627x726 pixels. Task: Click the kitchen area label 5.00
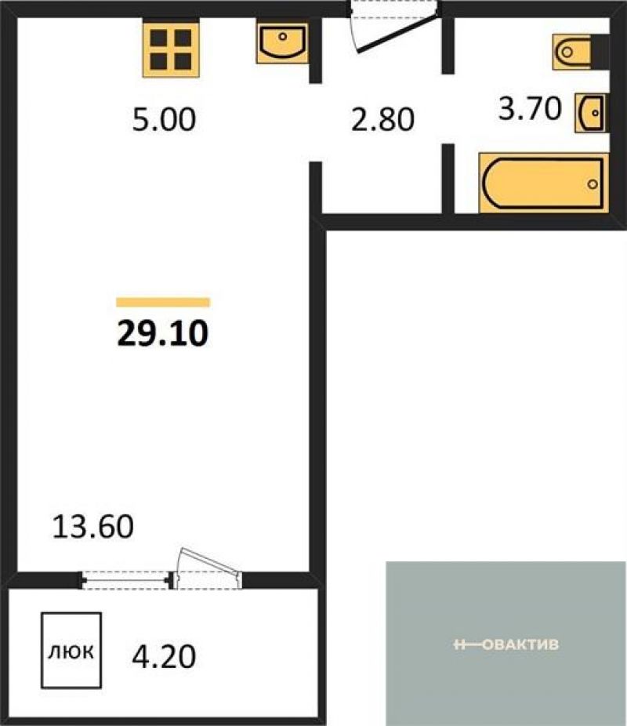[x=164, y=119]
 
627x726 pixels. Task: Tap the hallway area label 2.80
[x=382, y=119]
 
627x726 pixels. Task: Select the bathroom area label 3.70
[x=529, y=109]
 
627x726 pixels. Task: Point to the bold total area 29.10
[x=163, y=333]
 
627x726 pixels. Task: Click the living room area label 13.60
[x=93, y=526]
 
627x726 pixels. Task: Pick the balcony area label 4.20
[x=164, y=656]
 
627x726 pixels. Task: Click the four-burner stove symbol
[x=171, y=49]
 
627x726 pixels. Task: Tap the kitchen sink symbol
[x=282, y=43]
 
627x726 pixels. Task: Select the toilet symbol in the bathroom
[x=572, y=52]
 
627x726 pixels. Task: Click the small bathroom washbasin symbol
[x=590, y=113]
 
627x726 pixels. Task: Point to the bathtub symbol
[x=543, y=183]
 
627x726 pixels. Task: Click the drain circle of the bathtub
[x=593, y=184]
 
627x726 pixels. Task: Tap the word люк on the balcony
[x=71, y=652]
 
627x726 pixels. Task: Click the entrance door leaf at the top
[x=398, y=34]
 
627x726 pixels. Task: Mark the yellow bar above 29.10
[x=163, y=303]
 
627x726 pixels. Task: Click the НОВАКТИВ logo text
[x=506, y=644]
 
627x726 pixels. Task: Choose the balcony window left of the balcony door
[x=125, y=579]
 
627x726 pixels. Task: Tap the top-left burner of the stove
[x=159, y=38]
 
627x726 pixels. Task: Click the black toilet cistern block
[x=600, y=52]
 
